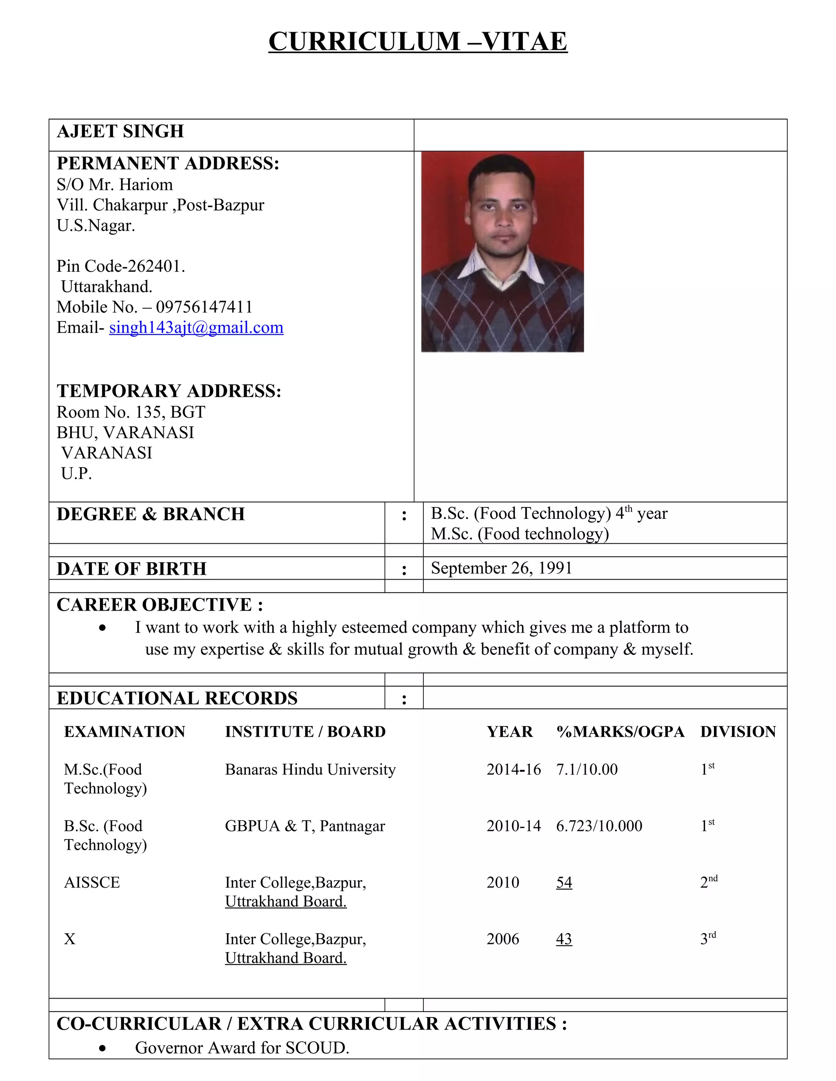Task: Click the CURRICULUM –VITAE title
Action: pyautogui.click(x=418, y=41)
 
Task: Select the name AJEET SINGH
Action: pyautogui.click(x=120, y=132)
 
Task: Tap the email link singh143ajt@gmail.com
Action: pyautogui.click(x=196, y=328)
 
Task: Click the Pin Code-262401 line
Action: pyautogui.click(x=120, y=266)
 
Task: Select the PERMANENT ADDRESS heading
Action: pyautogui.click(x=168, y=163)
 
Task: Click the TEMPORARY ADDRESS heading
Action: pyautogui.click(x=169, y=391)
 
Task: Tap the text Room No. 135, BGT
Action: pyautogui.click(x=131, y=412)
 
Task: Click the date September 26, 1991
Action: pyautogui.click(x=501, y=568)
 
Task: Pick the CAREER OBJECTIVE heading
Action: pyautogui.click(x=160, y=605)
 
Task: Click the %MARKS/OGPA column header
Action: pyautogui.click(x=620, y=731)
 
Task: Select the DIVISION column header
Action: pyautogui.click(x=738, y=731)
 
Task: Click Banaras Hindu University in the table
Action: pyautogui.click(x=310, y=770)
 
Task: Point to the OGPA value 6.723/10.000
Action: pyautogui.click(x=599, y=826)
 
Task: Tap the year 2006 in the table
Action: pyautogui.click(x=502, y=939)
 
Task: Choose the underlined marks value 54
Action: pyautogui.click(x=564, y=882)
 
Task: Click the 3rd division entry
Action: pyautogui.click(x=708, y=939)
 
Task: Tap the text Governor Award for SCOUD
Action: pyautogui.click(x=242, y=1048)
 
